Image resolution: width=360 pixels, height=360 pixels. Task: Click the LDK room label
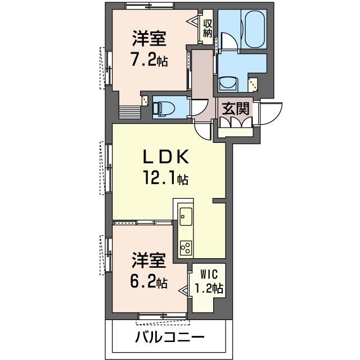(x=166, y=156)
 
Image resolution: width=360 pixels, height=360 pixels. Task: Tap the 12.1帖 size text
(x=166, y=178)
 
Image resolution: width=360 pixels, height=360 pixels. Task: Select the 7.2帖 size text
(x=149, y=59)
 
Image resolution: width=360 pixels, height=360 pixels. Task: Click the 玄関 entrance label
(x=236, y=109)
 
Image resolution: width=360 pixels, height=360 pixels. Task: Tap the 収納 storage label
(x=208, y=28)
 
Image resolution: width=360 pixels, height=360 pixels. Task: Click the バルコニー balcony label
(x=170, y=337)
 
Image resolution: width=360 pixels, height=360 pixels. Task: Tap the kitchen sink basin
(x=186, y=217)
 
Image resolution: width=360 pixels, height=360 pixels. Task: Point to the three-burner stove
(x=186, y=247)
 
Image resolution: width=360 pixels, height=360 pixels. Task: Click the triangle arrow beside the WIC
(x=184, y=291)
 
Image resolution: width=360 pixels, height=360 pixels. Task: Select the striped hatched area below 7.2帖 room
(x=130, y=112)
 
